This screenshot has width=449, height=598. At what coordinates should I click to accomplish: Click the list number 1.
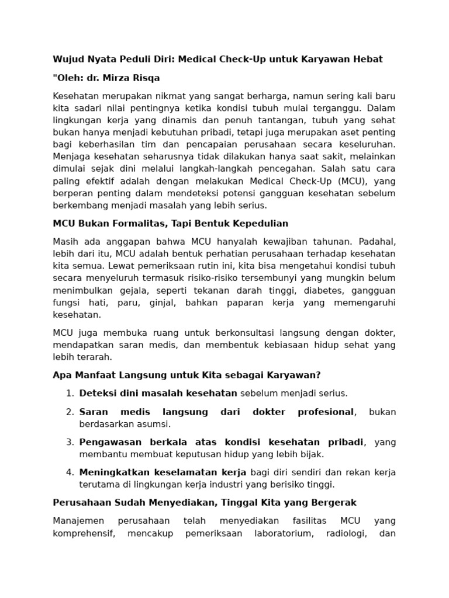[70, 393]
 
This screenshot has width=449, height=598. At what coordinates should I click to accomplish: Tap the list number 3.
[70, 442]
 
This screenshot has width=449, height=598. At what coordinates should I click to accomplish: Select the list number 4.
[70, 472]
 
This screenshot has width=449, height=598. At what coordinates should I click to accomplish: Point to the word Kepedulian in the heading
[260, 224]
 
